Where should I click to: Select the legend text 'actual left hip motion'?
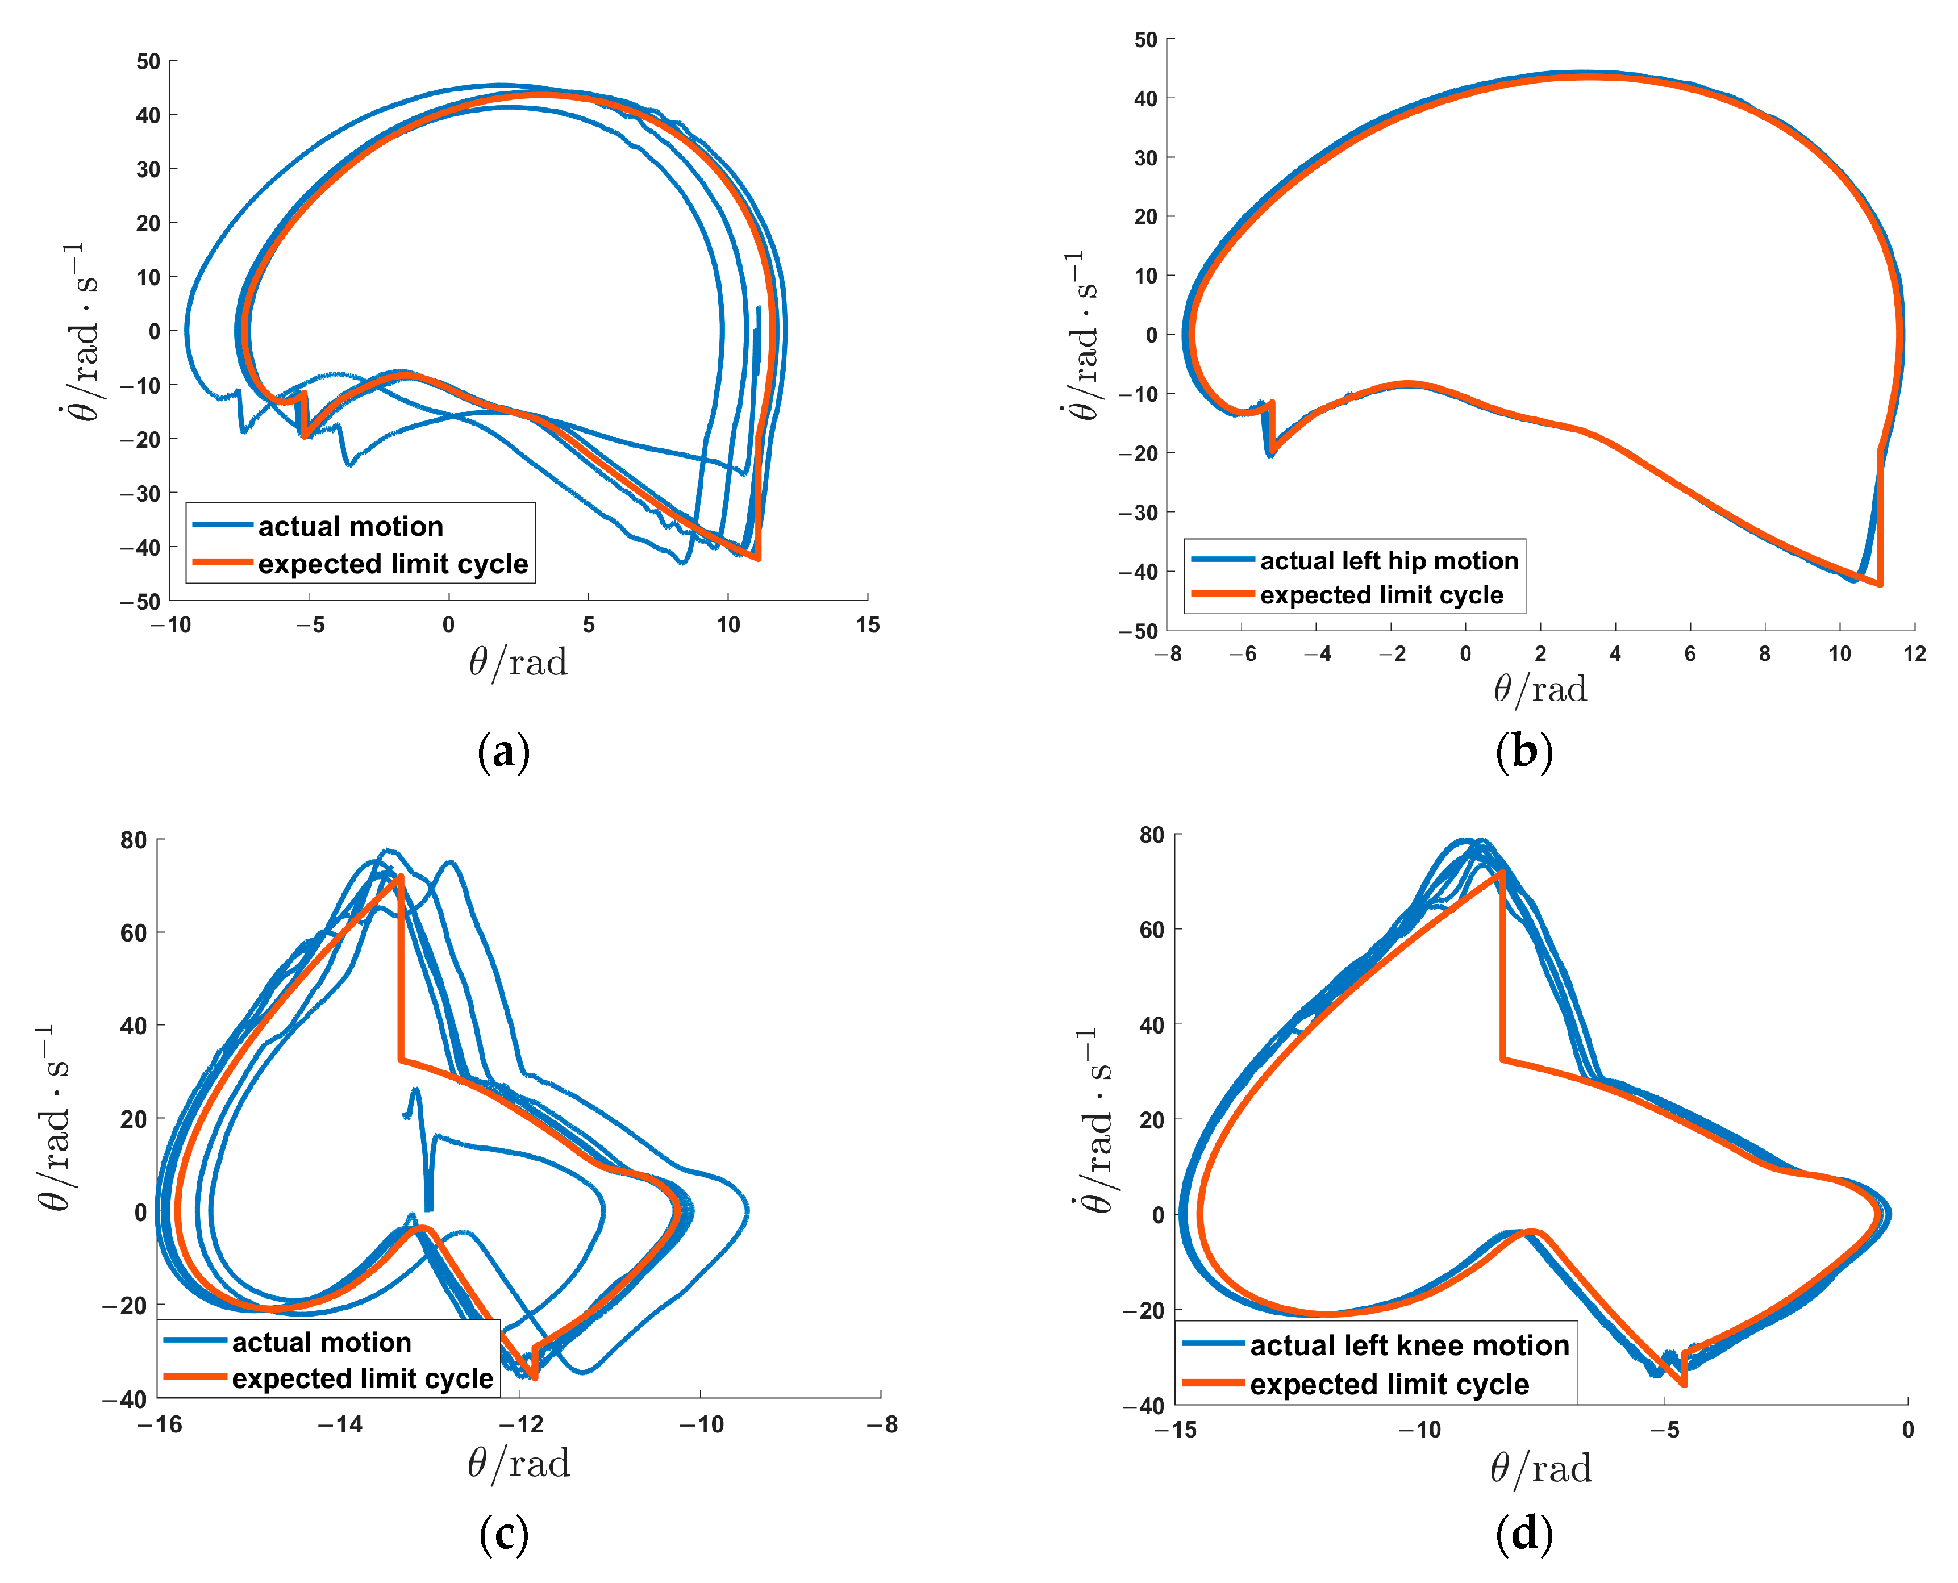pyautogui.click(x=1389, y=561)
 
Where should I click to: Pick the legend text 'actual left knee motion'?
pyautogui.click(x=1409, y=1346)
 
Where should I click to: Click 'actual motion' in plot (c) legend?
pyautogui.click(x=321, y=1342)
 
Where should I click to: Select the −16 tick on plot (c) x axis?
pyautogui.click(x=160, y=1425)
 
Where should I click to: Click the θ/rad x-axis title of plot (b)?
pyautogui.click(x=1539, y=689)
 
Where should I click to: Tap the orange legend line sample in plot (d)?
pyautogui.click(x=1213, y=1384)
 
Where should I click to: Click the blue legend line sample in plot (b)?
pyautogui.click(x=1222, y=559)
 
